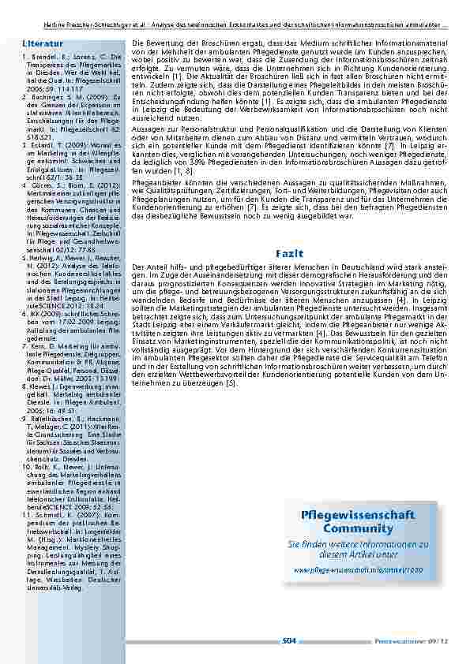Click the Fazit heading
pyautogui.click(x=285, y=252)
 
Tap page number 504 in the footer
pyautogui.click(x=288, y=642)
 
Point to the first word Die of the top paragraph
pyautogui.click(x=137, y=41)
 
